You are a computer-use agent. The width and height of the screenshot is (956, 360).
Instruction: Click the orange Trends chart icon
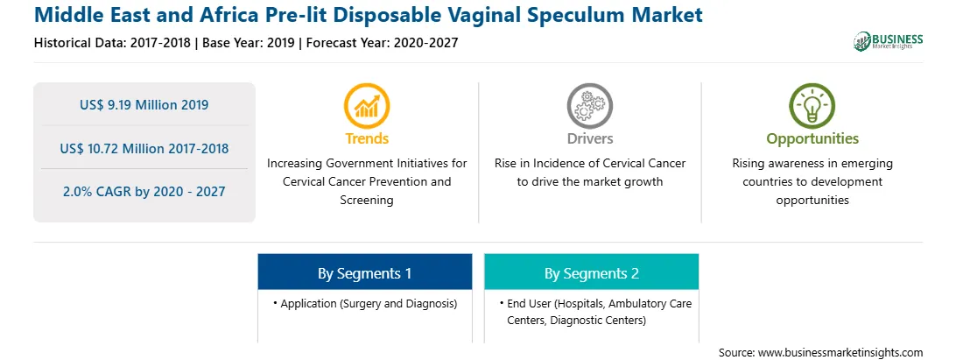point(367,106)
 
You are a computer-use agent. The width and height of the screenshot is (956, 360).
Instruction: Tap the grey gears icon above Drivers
point(589,106)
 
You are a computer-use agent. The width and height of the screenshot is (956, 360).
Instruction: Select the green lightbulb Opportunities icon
point(812,106)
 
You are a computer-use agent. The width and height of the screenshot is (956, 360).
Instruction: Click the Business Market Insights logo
point(889,41)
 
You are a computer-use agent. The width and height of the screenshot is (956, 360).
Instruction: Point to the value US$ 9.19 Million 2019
point(144,105)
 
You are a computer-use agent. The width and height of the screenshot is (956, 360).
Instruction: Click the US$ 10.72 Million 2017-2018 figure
point(144,148)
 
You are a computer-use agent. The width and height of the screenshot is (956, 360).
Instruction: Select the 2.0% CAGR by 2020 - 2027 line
point(144,192)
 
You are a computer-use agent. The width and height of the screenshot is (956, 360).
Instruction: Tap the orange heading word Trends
point(367,138)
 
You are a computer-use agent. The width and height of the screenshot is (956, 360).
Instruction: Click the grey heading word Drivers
point(589,138)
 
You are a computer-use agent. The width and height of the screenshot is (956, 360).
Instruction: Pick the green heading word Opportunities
point(812,139)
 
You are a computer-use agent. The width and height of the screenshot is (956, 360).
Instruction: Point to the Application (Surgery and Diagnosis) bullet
point(364,303)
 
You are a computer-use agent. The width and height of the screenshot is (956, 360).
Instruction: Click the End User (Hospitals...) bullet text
point(595,312)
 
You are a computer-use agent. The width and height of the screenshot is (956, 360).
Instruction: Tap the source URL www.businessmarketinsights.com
point(840,353)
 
